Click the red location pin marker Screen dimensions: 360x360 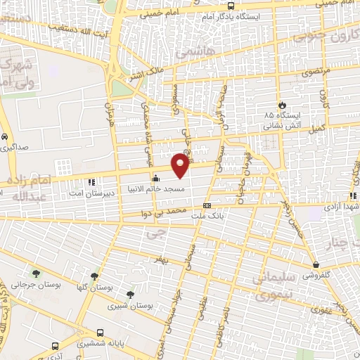click(x=181, y=165)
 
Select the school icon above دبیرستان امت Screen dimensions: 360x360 click(x=91, y=182)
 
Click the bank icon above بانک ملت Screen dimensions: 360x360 click(x=206, y=205)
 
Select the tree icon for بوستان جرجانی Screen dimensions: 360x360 click(x=36, y=273)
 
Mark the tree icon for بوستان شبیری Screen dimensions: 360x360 click(x=129, y=295)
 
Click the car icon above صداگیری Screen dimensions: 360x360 click(x=5, y=137)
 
